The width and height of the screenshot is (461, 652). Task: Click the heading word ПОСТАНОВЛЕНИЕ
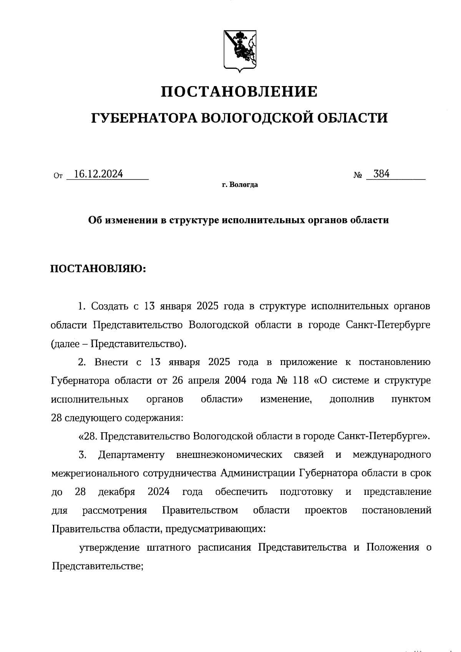[x=239, y=92]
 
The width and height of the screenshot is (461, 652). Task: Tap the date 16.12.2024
[x=98, y=174]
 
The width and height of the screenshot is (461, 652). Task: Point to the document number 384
[x=381, y=174]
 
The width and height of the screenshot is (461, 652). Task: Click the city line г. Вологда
[x=240, y=185]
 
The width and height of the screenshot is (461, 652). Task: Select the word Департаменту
[x=131, y=455]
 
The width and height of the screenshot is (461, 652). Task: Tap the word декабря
[x=116, y=492]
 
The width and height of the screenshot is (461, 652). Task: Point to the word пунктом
[x=411, y=399]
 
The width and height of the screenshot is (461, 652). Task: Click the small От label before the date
[x=58, y=176]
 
